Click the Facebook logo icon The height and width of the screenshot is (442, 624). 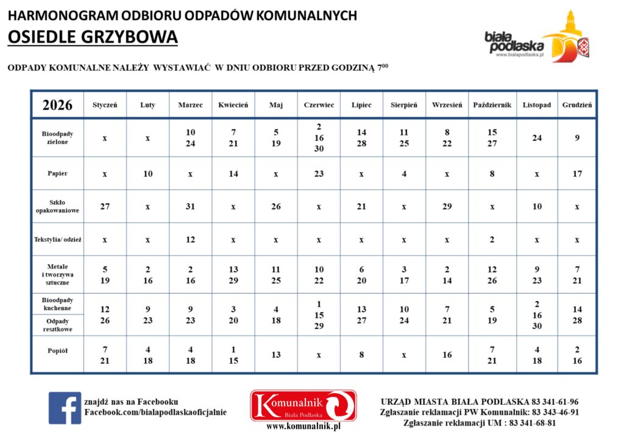(65, 408)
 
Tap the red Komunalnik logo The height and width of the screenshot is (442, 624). (303, 405)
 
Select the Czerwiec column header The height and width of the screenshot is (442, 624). (319, 105)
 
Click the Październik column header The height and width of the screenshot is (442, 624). (492, 105)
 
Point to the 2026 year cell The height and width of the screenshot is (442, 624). (57, 105)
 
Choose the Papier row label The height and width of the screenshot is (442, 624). (57, 173)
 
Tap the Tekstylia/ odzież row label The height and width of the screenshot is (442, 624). (57, 239)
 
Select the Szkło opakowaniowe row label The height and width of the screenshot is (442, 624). (57, 206)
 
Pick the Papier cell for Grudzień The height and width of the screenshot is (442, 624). (577, 173)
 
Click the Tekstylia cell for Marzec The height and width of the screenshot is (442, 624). (190, 239)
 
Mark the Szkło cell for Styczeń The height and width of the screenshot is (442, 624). (105, 206)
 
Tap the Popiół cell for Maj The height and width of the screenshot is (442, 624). (276, 355)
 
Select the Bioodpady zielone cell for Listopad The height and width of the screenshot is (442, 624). (537, 138)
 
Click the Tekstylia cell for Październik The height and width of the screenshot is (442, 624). (492, 239)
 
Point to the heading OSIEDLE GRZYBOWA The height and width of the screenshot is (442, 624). (93, 37)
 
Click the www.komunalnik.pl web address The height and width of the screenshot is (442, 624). (303, 427)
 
